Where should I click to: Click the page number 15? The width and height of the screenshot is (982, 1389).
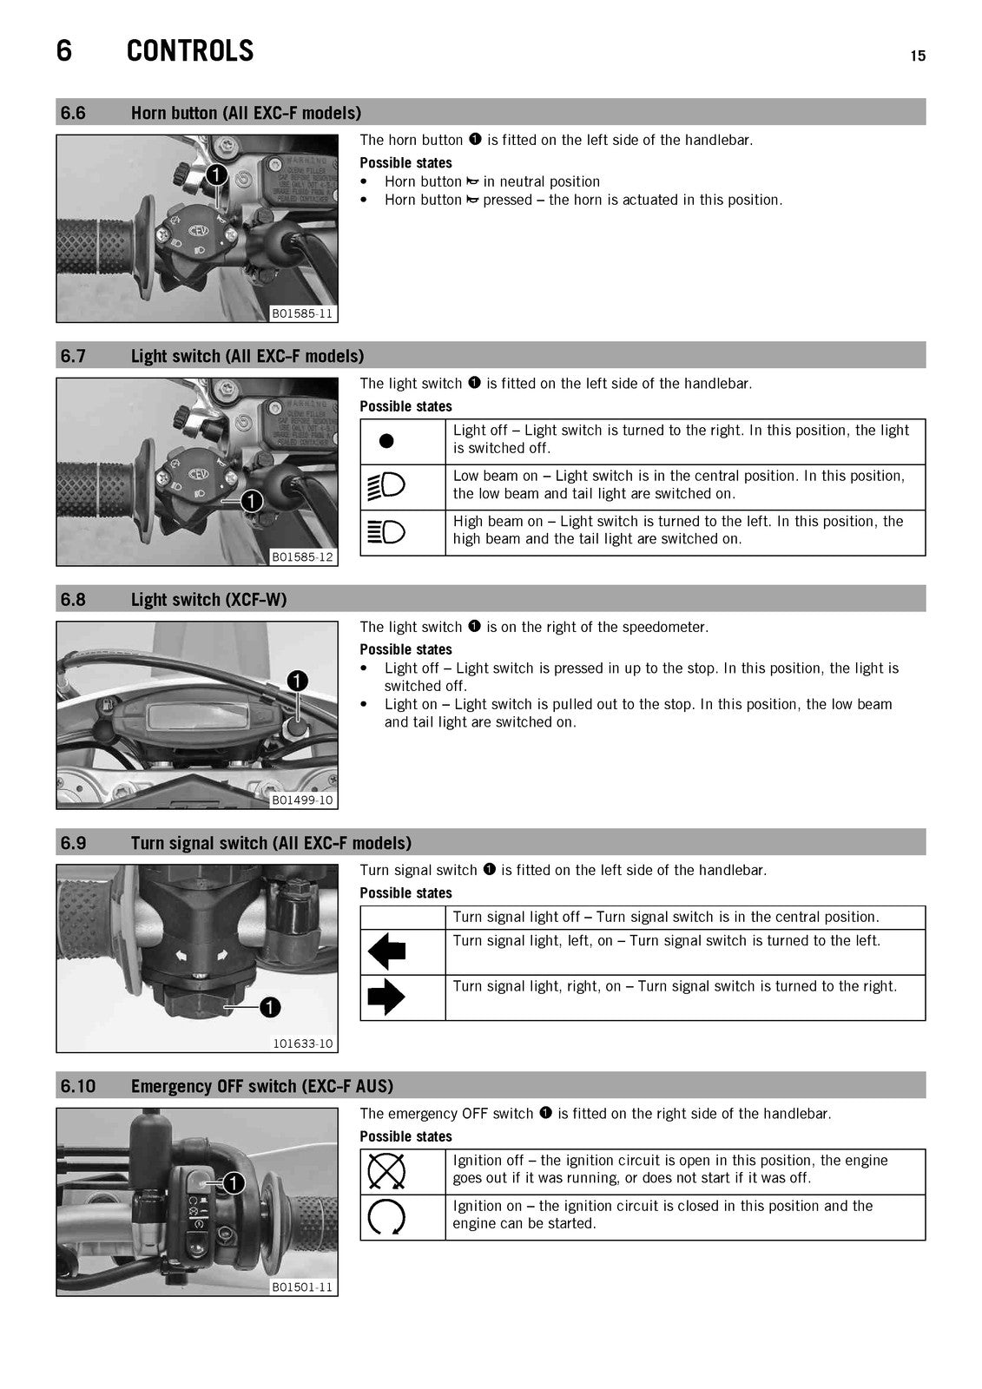[x=918, y=56]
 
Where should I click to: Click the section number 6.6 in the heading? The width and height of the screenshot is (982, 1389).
[x=73, y=113]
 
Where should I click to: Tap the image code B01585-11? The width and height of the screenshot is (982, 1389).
[x=303, y=313]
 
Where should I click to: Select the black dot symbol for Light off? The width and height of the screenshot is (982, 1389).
[x=386, y=441]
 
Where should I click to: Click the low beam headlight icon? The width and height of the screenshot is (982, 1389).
[x=386, y=486]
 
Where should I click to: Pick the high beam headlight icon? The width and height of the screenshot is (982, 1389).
[x=386, y=532]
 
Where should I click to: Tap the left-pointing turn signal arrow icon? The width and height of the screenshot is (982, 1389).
[x=386, y=951]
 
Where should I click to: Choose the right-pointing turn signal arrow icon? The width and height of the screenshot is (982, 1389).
[x=386, y=997]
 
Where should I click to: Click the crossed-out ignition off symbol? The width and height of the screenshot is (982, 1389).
[x=386, y=1171]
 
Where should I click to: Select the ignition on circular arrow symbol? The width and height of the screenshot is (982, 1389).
[x=386, y=1216]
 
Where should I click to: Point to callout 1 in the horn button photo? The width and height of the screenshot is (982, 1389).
[x=216, y=174]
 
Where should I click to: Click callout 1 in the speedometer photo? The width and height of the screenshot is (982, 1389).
[x=297, y=681]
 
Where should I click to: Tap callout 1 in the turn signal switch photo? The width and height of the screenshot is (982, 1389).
[x=270, y=1007]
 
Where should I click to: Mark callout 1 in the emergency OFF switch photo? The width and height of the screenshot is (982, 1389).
[x=234, y=1183]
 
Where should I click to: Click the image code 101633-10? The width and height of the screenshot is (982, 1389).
[x=303, y=1043]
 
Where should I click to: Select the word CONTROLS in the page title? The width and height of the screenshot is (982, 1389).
[x=190, y=51]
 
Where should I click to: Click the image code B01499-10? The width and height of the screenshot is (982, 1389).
[x=303, y=800]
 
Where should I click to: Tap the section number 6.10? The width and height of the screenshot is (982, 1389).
[x=78, y=1086]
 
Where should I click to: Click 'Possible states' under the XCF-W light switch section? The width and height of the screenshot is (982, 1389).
[x=405, y=649]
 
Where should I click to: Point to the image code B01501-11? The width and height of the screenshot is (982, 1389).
[x=303, y=1287]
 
